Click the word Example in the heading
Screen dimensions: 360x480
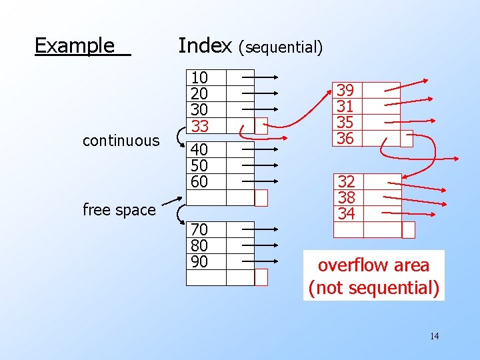coord(75,45)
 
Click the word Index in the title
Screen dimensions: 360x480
coord(205,45)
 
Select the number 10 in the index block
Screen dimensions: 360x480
coord(199,78)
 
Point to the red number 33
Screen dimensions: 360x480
coord(199,125)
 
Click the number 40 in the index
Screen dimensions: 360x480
coord(199,149)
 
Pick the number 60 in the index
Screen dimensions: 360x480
coord(199,181)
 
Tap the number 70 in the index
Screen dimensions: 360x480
coord(199,230)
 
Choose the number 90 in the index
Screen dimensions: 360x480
coord(199,261)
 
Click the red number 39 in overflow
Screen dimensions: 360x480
coord(345,91)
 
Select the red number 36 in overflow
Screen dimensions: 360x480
coord(345,138)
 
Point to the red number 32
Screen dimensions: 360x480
coord(347,181)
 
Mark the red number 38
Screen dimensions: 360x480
coord(347,197)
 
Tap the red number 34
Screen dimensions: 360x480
coord(347,213)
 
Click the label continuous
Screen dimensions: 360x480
coord(121,141)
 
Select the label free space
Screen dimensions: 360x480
coord(119,210)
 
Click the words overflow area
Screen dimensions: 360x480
coord(373,265)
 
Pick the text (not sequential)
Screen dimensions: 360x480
coord(373,288)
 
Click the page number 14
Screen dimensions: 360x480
coord(434,336)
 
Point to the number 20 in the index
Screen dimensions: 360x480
coord(199,94)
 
